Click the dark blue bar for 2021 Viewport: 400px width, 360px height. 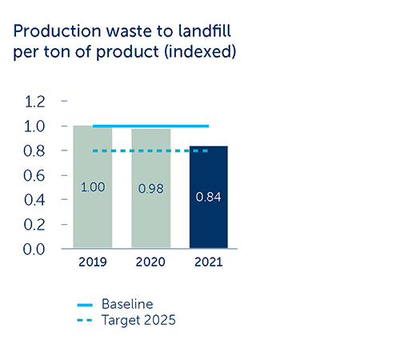point(209,197)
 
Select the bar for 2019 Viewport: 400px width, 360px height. point(93,186)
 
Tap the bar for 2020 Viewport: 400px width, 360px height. point(151,188)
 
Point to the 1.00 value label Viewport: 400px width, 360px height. point(93,187)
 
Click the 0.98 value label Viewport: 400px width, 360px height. point(150,189)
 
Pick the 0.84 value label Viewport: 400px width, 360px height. point(208,197)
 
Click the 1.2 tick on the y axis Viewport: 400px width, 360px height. point(34,102)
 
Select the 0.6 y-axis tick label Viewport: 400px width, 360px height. point(34,176)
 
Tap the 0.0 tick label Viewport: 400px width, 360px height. point(34,250)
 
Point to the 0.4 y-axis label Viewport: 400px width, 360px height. point(34,200)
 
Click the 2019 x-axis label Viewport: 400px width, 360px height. point(93,262)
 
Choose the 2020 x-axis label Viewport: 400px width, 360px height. point(150,262)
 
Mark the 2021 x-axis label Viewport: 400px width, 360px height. point(209,262)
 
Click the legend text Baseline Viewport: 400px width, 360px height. point(127,304)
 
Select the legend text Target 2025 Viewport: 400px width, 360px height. point(138,320)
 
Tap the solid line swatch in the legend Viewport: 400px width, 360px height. point(85,305)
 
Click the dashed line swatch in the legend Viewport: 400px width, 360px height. point(85,320)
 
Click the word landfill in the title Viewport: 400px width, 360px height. point(204,31)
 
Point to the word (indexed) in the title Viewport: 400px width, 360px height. point(200,51)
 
